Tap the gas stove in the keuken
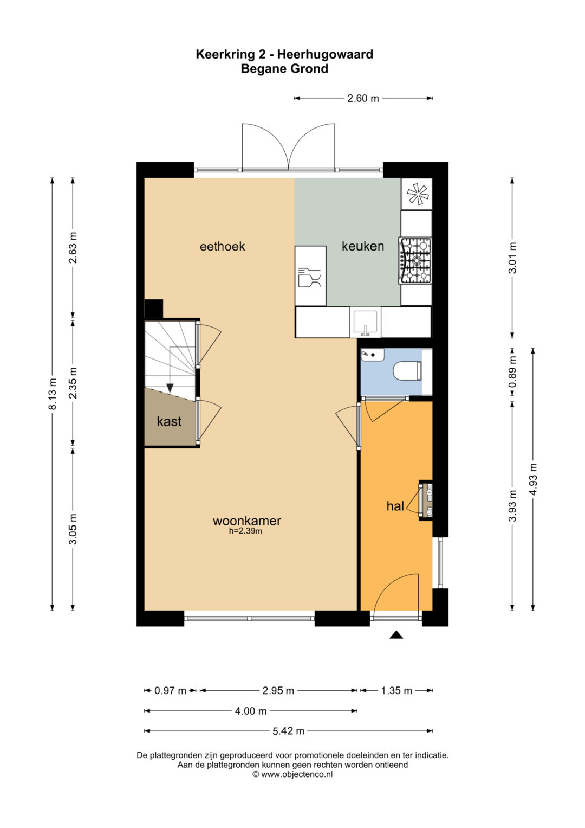[415, 261]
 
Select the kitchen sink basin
[365, 322]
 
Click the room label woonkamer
[246, 521]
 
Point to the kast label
[169, 421]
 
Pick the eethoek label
[222, 247]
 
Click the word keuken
[363, 246]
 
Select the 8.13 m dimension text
[53, 394]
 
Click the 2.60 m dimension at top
[363, 98]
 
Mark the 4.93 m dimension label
[533, 479]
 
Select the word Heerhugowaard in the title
[325, 54]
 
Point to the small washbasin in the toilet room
[372, 355]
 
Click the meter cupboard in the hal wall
[425, 500]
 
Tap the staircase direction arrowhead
[170, 388]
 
